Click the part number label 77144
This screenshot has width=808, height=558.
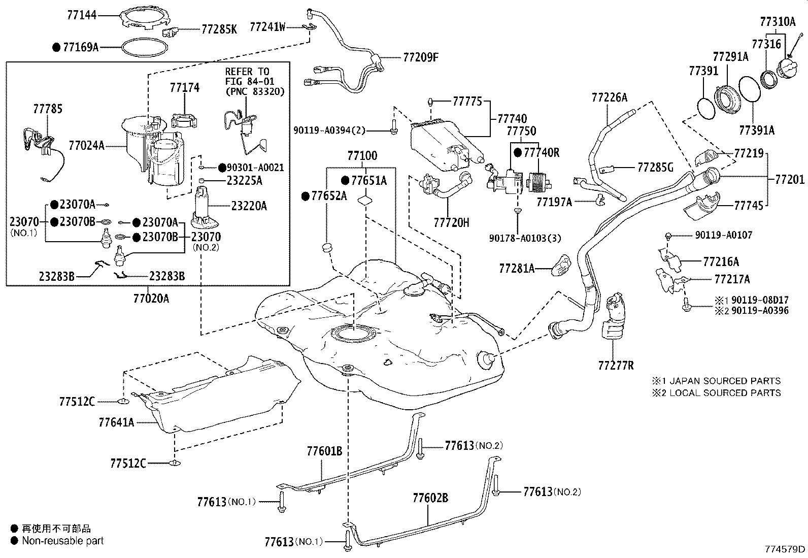point(81,16)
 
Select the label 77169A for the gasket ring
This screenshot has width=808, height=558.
point(80,48)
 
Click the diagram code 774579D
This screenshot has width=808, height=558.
point(785,549)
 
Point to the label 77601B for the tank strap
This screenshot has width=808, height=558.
point(324,451)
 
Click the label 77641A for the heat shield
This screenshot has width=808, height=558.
point(116,422)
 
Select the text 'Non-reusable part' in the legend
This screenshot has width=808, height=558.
point(62,541)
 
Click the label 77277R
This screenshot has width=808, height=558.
point(616,365)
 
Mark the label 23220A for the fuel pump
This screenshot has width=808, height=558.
point(249,206)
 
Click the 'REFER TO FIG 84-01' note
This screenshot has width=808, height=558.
point(247,76)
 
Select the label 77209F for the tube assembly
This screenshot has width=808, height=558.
point(420,57)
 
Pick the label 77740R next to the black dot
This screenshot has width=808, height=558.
point(541,152)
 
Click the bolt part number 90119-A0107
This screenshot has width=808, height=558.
point(723,235)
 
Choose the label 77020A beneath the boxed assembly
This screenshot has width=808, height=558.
point(151,299)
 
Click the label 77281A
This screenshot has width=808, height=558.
point(517,269)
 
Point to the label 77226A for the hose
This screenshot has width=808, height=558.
point(609,97)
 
